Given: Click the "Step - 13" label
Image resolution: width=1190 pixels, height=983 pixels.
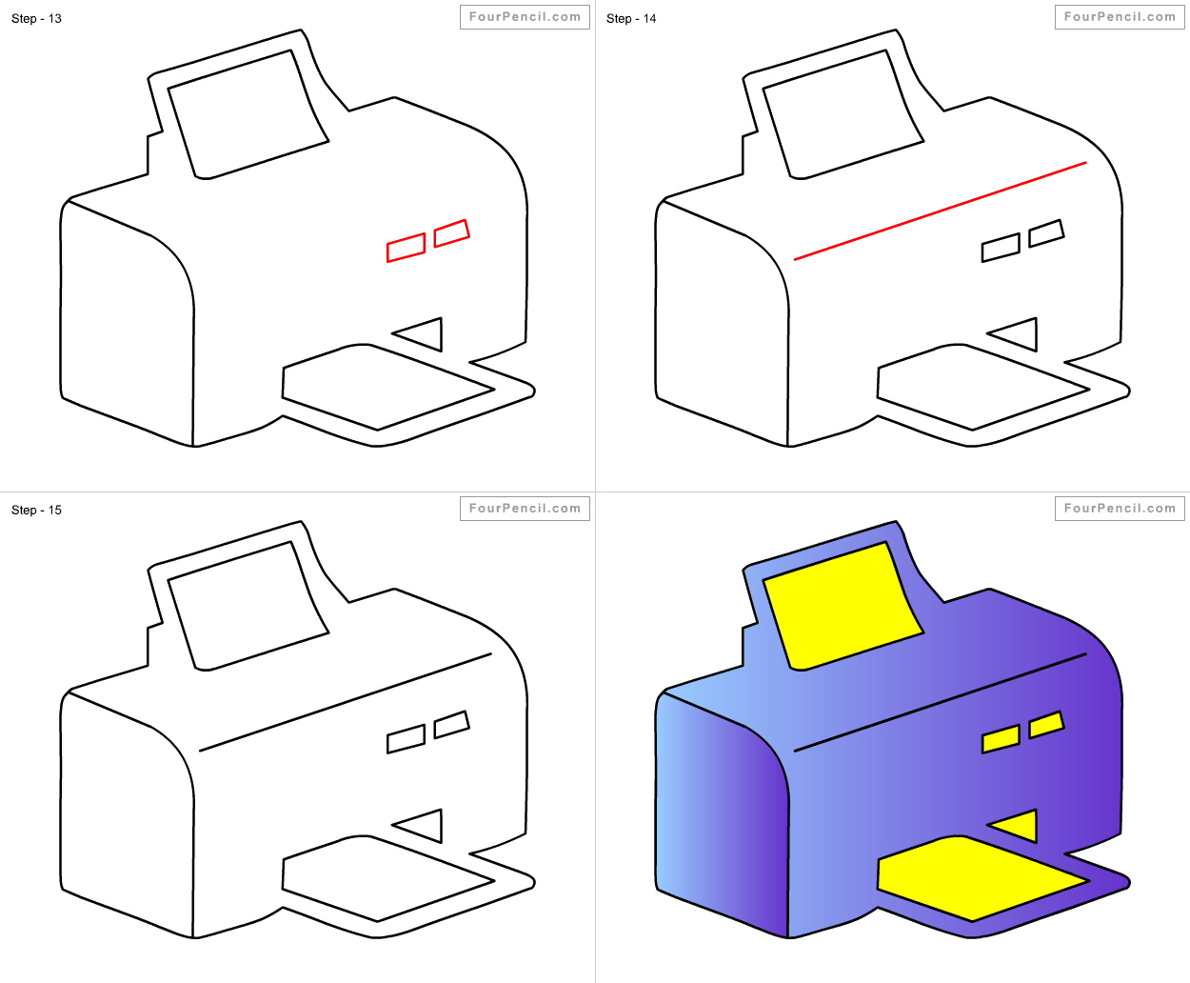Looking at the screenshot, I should click(x=36, y=18).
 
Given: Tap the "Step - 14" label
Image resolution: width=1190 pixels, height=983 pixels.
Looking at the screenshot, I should click(x=631, y=18).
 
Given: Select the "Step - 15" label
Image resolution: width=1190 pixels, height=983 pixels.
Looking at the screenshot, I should click(x=36, y=510).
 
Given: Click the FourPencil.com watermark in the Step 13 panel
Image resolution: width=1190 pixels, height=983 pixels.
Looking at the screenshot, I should click(x=525, y=17).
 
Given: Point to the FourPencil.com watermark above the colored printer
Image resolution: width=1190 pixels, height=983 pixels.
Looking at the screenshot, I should click(x=1120, y=509).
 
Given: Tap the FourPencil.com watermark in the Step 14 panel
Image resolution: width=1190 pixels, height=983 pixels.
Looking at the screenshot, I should click(x=1120, y=17).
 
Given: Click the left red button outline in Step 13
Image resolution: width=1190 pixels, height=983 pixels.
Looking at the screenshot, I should click(x=406, y=248).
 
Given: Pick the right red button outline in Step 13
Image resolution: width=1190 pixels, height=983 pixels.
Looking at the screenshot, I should click(x=451, y=233).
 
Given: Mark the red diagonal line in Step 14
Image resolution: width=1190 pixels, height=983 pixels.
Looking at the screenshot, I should click(x=940, y=211).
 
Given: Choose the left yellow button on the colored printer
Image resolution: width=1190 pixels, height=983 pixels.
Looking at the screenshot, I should click(x=1001, y=739).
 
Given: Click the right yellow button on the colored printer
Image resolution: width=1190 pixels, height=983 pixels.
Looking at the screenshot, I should click(x=1046, y=724).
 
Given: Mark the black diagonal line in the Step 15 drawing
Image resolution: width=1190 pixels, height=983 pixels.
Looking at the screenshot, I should click(x=345, y=703).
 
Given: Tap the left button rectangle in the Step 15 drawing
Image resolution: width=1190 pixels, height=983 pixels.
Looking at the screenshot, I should click(x=406, y=739).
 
